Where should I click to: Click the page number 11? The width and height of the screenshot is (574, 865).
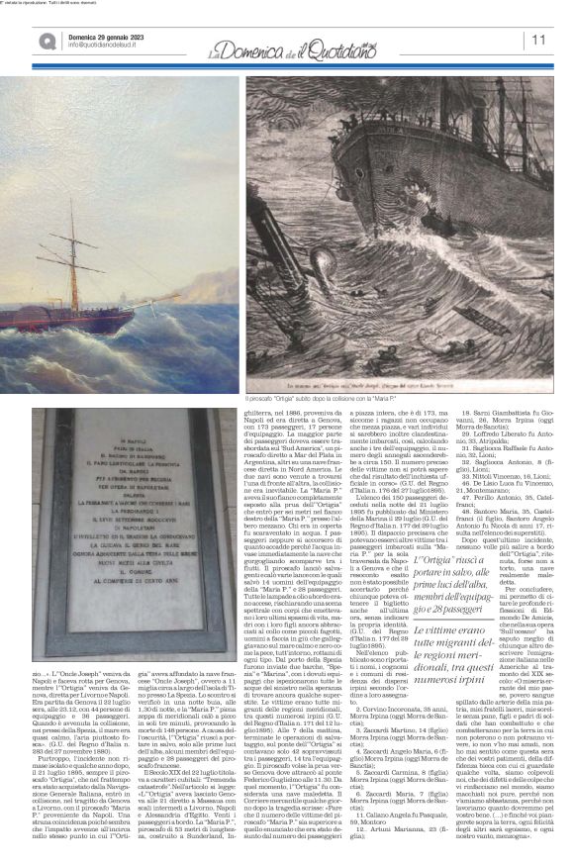pos(539,40)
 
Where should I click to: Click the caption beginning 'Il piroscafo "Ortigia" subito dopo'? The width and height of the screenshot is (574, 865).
pos(318,398)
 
